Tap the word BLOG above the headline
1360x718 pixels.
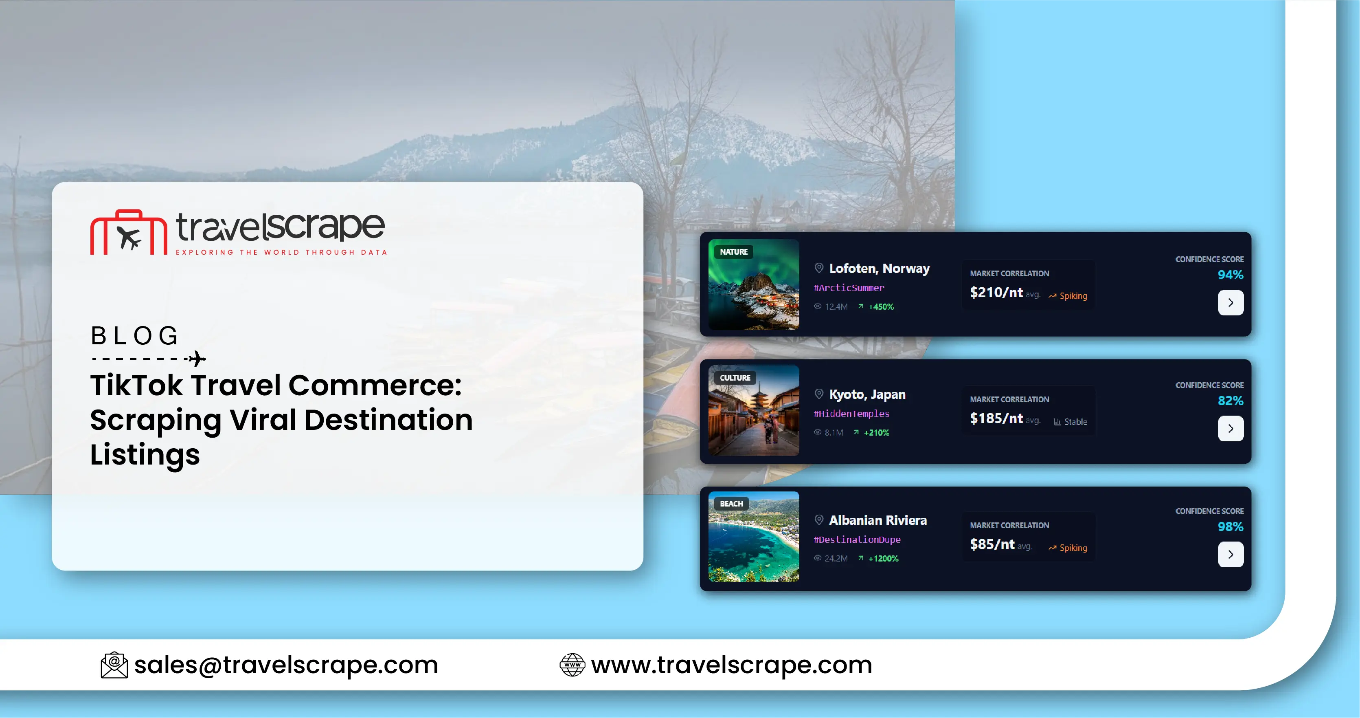(x=135, y=336)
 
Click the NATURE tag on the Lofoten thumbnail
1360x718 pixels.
(x=733, y=252)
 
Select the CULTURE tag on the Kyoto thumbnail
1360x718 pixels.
(x=735, y=378)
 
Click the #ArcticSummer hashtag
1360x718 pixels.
(x=849, y=288)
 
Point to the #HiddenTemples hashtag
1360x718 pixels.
(x=851, y=414)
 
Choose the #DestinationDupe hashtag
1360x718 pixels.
(x=857, y=540)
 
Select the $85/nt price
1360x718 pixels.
(x=991, y=544)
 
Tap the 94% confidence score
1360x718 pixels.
(x=1230, y=275)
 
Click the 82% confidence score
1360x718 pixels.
(x=1230, y=401)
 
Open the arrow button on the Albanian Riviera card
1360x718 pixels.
(x=1230, y=554)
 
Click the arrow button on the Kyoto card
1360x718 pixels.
(x=1230, y=428)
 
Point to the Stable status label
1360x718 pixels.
(x=1075, y=422)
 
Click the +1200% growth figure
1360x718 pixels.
(x=883, y=558)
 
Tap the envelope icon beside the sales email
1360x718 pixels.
(x=114, y=665)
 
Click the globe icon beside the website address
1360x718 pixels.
(x=572, y=665)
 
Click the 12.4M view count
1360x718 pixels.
(x=836, y=306)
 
